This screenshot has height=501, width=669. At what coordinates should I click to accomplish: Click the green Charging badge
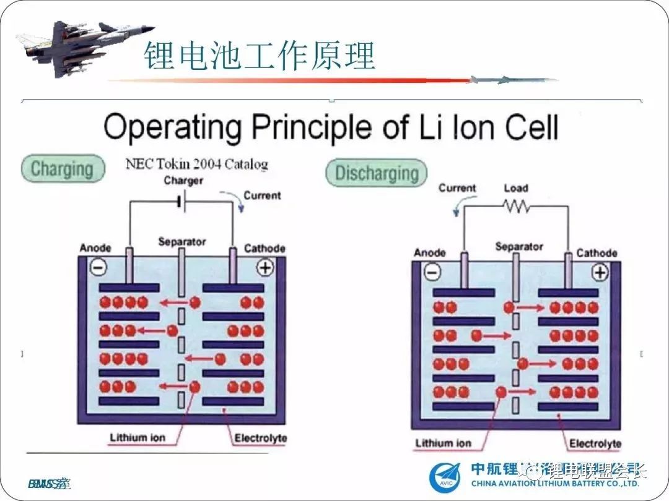[62, 168]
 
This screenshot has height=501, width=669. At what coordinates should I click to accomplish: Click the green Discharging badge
[377, 173]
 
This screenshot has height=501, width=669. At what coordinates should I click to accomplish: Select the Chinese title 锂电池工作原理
[260, 56]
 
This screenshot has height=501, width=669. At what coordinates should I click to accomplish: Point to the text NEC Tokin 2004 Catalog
[196, 165]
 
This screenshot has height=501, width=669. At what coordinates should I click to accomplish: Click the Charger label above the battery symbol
[183, 181]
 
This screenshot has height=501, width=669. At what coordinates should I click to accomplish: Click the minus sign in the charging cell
[98, 267]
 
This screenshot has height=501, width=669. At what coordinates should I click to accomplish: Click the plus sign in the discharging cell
[600, 272]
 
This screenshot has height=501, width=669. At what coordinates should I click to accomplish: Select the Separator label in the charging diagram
[181, 241]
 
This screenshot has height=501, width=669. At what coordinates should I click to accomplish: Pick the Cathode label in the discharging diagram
[597, 253]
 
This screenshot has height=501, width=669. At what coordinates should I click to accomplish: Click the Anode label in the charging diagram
[95, 248]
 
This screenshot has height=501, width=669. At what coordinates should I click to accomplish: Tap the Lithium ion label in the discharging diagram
[443, 443]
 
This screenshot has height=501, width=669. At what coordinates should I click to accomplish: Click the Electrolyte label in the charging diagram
[260, 439]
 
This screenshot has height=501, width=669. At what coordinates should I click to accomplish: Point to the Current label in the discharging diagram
[457, 188]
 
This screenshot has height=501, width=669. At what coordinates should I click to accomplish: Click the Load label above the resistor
[515, 188]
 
